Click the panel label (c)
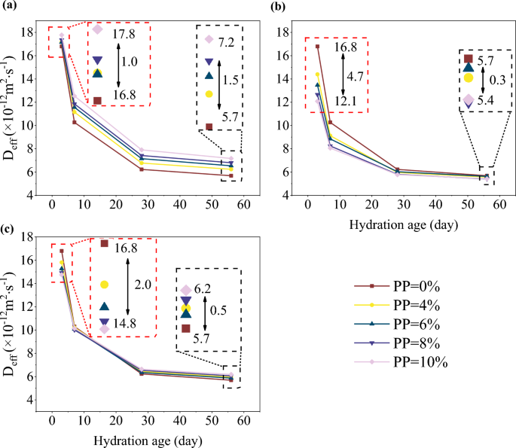pyautogui.click(x=11, y=227)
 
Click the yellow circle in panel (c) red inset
pyautogui.click(x=104, y=285)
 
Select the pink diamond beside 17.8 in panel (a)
pyautogui.click(x=97, y=29)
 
